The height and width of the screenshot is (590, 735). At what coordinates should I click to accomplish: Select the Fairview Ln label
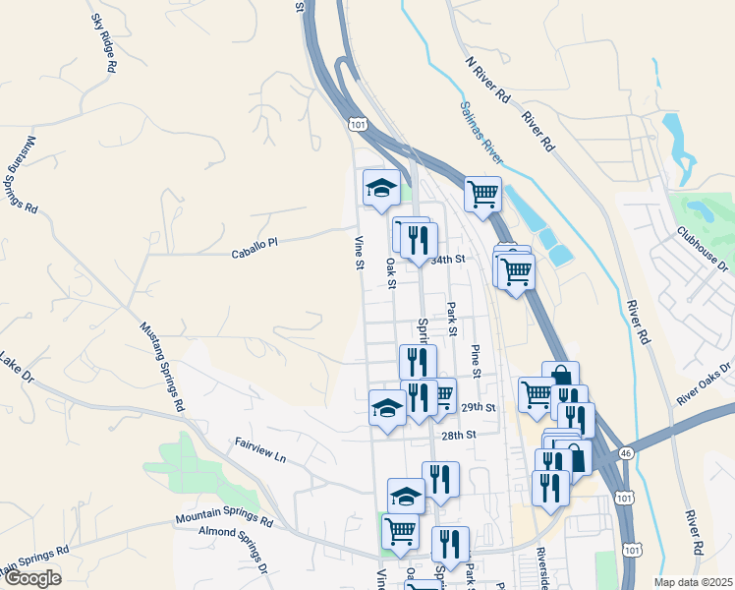[259, 451]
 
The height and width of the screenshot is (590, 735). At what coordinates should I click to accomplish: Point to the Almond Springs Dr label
[234, 550]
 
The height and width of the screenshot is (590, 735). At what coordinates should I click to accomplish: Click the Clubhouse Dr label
[704, 250]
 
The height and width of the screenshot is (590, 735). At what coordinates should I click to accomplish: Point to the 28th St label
[458, 435]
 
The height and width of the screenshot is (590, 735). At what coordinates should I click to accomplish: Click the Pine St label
[475, 361]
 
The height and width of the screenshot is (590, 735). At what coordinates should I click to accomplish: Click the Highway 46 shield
[626, 453]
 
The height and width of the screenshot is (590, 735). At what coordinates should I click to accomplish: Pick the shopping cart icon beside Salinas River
[482, 195]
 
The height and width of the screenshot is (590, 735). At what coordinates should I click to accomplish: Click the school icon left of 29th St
[387, 406]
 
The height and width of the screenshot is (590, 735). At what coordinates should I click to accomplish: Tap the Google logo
[31, 578]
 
